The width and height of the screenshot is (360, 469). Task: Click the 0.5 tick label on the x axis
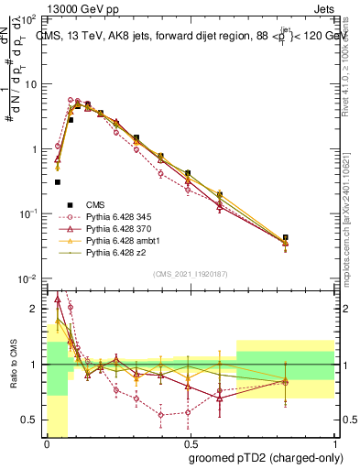[x=188, y=443]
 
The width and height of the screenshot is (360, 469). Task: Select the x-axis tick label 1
[x=333, y=443]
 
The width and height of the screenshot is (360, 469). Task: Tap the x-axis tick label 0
[x=46, y=443]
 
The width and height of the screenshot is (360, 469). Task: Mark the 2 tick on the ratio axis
[x=35, y=309]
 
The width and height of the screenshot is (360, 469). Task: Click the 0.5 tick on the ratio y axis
[x=29, y=420]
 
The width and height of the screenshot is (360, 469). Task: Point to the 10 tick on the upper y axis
[x=31, y=84]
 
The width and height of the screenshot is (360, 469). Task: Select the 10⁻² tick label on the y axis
[x=29, y=278]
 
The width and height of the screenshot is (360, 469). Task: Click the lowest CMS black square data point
[x=58, y=182]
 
